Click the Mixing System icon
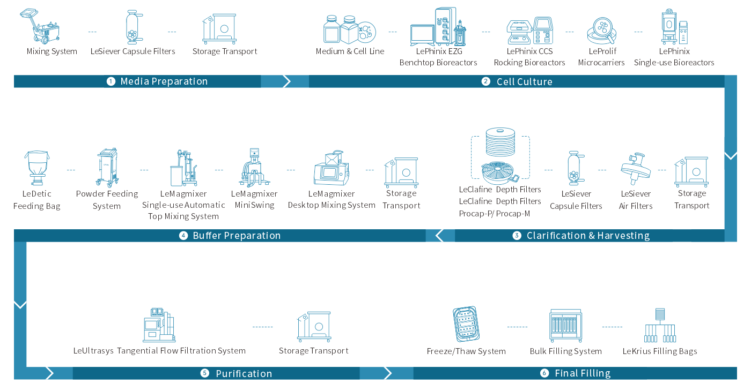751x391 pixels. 40,26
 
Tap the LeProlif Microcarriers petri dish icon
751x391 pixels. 602,31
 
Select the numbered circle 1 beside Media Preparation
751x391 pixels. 111,81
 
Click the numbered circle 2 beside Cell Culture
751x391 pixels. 486,81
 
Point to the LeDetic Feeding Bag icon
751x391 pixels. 37,168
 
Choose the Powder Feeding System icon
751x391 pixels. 107,167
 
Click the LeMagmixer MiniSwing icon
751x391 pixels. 254,167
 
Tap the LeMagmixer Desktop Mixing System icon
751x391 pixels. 332,168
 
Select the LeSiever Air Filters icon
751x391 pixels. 635,169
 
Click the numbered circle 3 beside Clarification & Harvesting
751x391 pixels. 517,235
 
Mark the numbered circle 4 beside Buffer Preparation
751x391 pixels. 183,235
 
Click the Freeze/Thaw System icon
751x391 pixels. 466,324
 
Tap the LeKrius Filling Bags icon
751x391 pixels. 660,325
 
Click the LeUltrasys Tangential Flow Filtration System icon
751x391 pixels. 159,325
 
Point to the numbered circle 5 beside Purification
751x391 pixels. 205,373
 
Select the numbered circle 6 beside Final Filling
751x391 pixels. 544,373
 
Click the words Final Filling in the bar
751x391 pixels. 583,373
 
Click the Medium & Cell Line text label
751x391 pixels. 350,51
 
